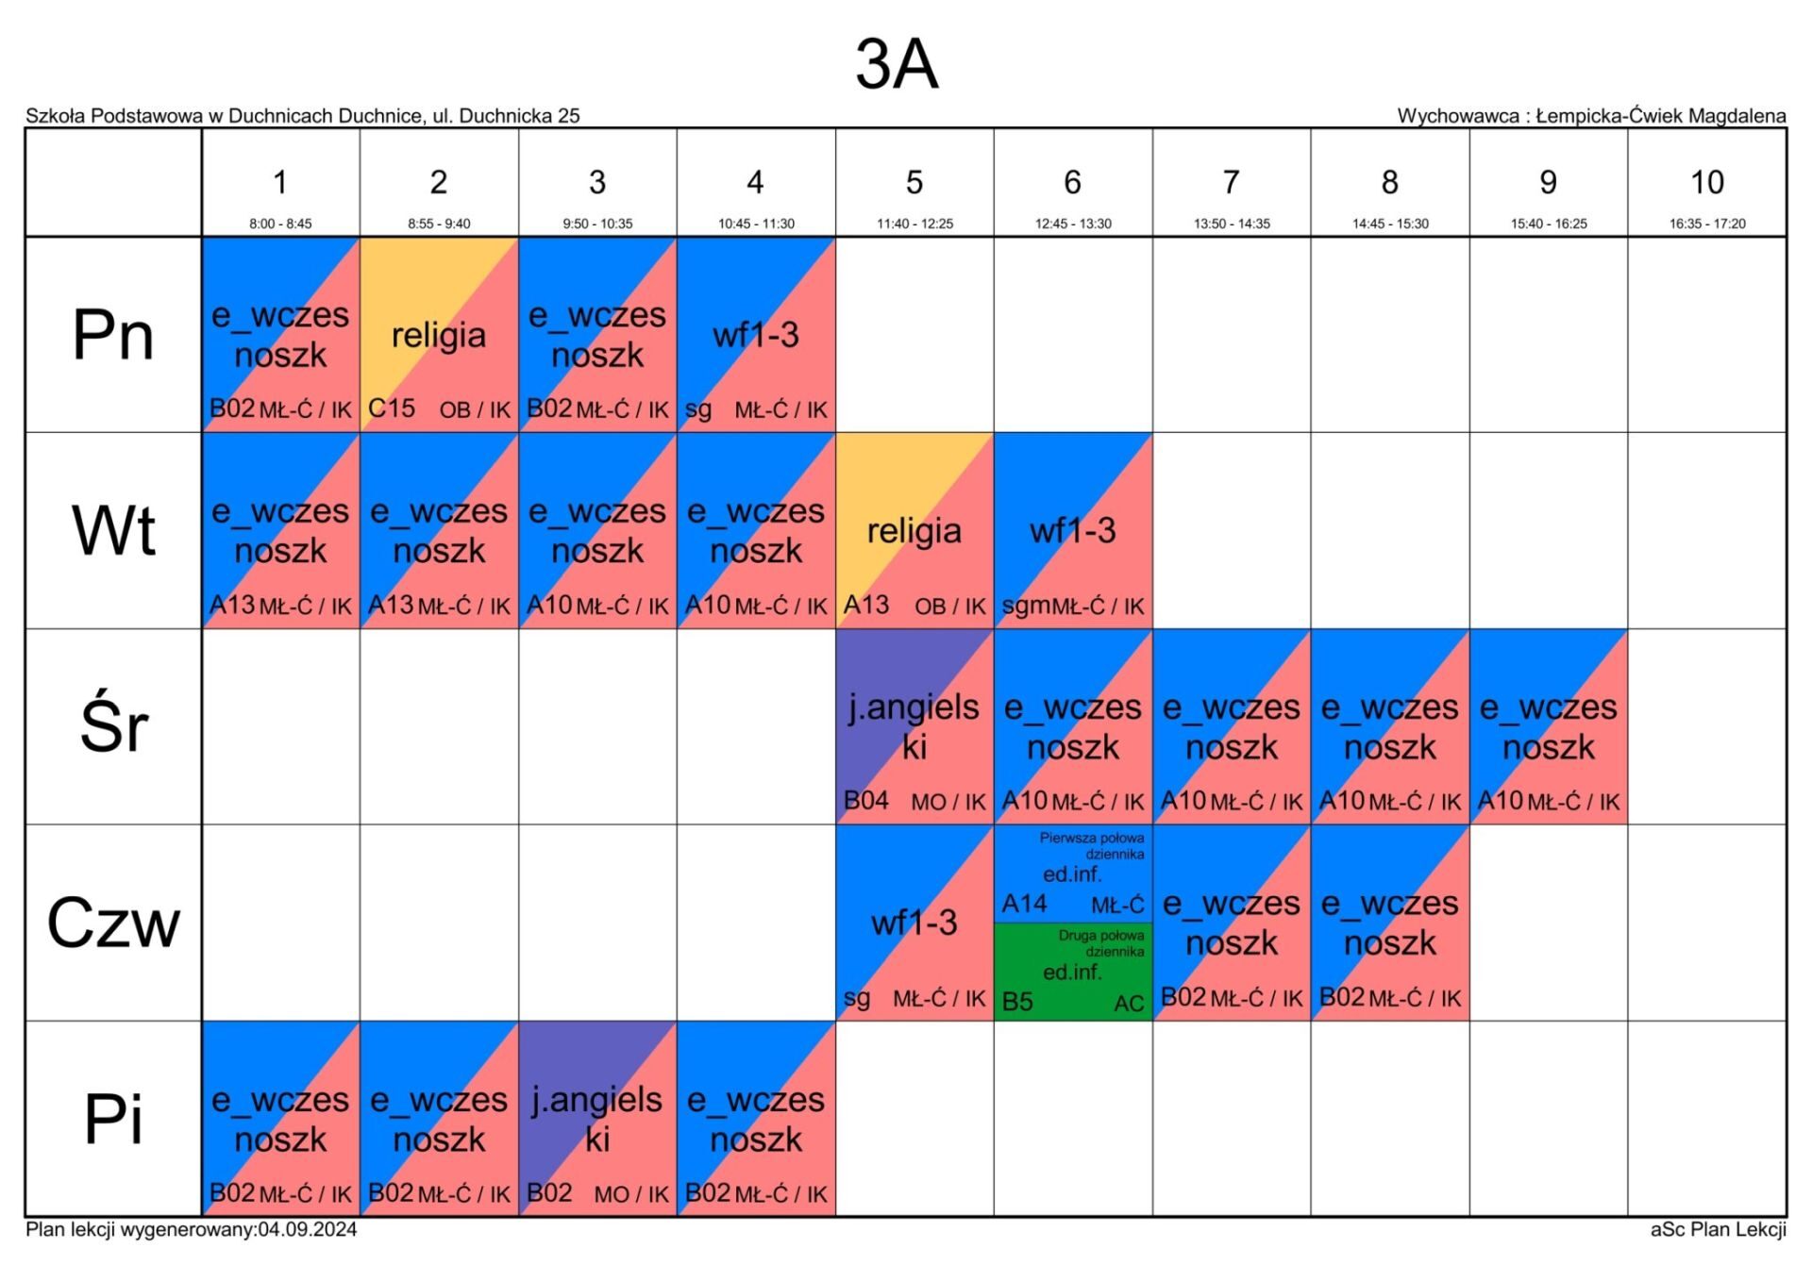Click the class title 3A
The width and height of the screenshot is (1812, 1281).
tap(897, 64)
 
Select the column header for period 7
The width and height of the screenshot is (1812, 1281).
tap(1232, 182)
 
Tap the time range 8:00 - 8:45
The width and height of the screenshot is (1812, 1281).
tap(280, 224)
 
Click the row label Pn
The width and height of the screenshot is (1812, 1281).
tap(113, 335)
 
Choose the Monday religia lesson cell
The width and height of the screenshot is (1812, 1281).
tap(439, 334)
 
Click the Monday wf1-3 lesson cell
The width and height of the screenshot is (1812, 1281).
tap(756, 334)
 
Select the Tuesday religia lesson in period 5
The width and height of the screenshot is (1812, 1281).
tap(914, 530)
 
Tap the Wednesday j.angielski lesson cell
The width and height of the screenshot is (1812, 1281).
tap(914, 726)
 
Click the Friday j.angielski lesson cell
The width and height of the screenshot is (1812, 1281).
tap(597, 1119)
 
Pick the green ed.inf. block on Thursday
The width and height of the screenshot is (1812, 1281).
tap(1073, 972)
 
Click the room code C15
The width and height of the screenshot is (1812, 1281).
tap(392, 408)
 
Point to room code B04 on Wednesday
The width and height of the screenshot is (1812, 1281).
tap(866, 801)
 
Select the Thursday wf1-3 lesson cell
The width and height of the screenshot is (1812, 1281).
tap(914, 923)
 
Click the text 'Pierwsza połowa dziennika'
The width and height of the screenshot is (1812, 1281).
tap(1092, 845)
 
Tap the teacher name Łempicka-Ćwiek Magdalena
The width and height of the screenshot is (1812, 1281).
tap(1661, 116)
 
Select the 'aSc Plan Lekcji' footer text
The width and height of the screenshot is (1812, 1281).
tap(1719, 1229)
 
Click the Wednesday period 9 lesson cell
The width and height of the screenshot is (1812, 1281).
tap(1549, 726)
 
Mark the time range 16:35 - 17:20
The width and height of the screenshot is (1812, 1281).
tap(1707, 224)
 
